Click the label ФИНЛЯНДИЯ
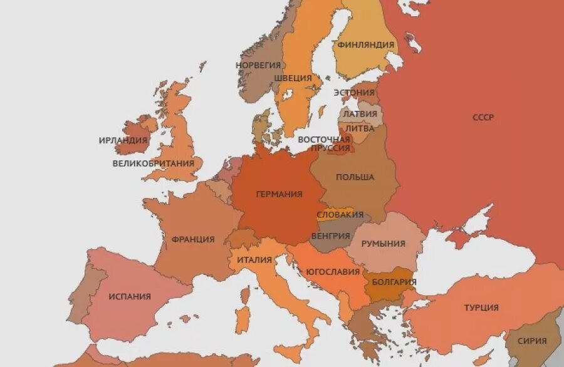point(365,44)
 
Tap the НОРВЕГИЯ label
point(258,65)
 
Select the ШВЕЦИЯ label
point(292,78)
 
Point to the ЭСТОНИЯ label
point(353,93)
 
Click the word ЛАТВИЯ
point(360,114)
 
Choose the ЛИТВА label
point(360,128)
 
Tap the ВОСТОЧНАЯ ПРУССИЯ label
point(324,143)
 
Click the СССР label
point(483,117)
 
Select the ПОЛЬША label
point(355,177)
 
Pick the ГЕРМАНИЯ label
point(279,194)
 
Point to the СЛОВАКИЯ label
point(340,215)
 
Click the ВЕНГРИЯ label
point(330,236)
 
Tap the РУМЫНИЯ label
point(383,244)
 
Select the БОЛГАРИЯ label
point(394,282)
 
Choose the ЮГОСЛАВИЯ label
point(332,272)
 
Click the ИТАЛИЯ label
point(254,260)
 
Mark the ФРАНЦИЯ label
point(193,239)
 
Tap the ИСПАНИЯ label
point(130,296)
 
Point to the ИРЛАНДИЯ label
point(123,140)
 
